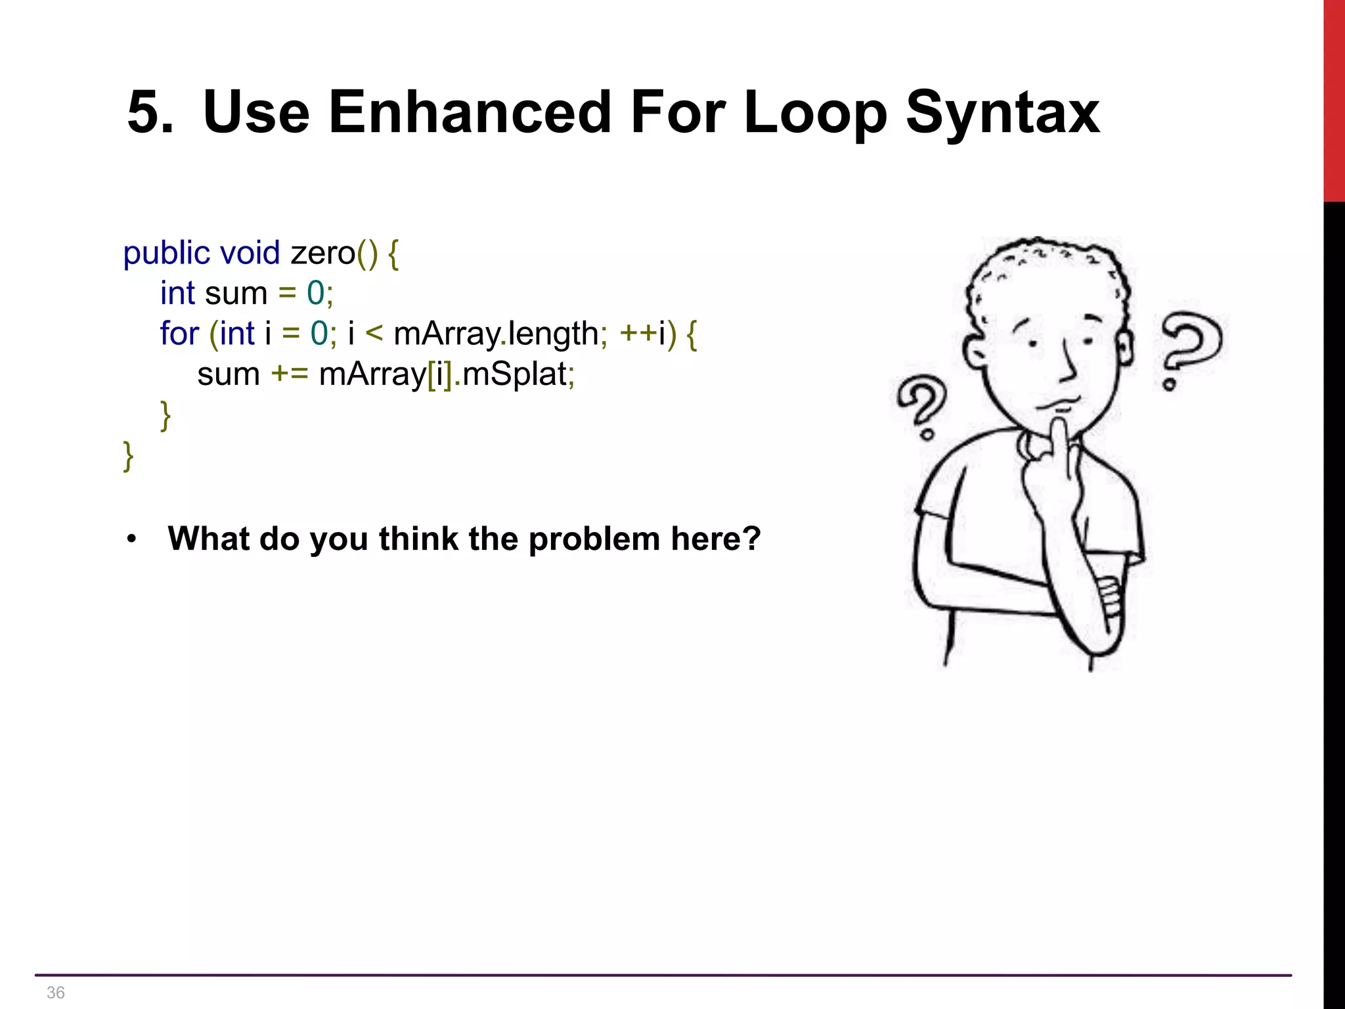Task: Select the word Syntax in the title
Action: click(1002, 113)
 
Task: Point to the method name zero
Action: click(322, 254)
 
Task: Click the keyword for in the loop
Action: click(179, 334)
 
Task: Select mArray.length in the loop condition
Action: click(496, 334)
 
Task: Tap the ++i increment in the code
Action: click(642, 334)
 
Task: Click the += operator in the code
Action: click(289, 374)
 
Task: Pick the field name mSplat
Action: click(515, 374)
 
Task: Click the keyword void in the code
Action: click(250, 254)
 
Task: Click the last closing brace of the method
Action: click(128, 456)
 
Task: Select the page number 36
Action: click(56, 993)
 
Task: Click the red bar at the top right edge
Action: click(1334, 99)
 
